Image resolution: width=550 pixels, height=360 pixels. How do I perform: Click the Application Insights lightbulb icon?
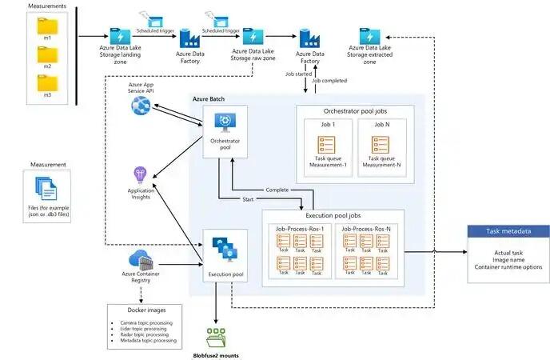click(141, 174)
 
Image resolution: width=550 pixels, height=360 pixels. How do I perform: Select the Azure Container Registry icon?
click(141, 259)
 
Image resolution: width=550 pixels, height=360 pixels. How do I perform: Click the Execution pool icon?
click(225, 250)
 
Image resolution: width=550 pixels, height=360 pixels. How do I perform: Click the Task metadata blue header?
click(508, 231)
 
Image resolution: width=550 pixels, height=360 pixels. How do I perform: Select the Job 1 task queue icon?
click(326, 146)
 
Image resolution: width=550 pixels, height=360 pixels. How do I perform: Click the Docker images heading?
click(141, 310)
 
